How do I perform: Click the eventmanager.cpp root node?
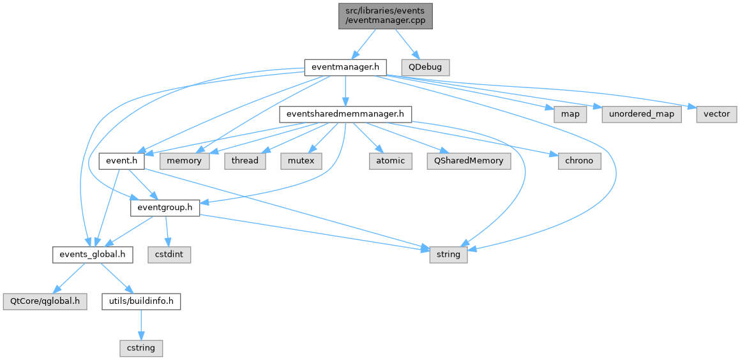(386, 15)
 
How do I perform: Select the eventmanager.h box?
(345, 66)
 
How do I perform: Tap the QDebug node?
(425, 66)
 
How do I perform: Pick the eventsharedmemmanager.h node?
(345, 114)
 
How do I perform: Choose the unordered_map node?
(641, 114)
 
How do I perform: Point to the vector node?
(716, 114)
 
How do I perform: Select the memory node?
(185, 161)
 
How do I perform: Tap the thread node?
(245, 161)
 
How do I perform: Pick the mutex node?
(301, 161)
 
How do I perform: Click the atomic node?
(390, 161)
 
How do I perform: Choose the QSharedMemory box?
(469, 161)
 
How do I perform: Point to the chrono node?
(580, 161)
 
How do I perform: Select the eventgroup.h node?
(165, 207)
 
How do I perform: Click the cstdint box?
(169, 255)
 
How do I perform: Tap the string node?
(448, 255)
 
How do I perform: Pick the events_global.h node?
(93, 255)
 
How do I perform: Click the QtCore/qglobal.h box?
(45, 301)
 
